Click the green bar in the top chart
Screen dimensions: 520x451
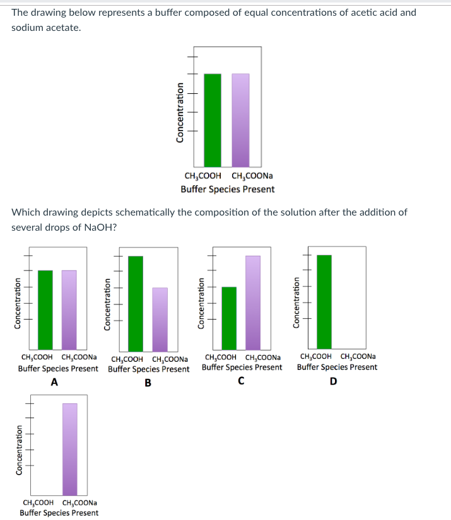coord(213,120)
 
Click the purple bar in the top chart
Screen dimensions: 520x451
coord(240,120)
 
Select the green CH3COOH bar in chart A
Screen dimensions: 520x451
coord(45,310)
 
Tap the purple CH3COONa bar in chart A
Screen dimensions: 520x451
coord(69,310)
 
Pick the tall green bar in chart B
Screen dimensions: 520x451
coord(136,303)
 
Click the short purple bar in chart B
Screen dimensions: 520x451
coord(160,320)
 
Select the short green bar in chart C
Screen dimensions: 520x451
coord(229,318)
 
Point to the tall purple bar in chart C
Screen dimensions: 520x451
coord(253,303)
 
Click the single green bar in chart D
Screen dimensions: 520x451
coord(324,302)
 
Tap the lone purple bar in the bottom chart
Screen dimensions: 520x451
coord(70,449)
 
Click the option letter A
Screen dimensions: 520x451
coord(54,382)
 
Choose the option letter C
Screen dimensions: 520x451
coord(242,381)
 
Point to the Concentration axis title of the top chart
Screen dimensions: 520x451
coord(180,113)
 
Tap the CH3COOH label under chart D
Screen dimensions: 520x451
coord(317,356)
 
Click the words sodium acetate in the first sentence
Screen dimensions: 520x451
coord(46,28)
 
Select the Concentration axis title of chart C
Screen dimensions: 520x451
coord(202,303)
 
